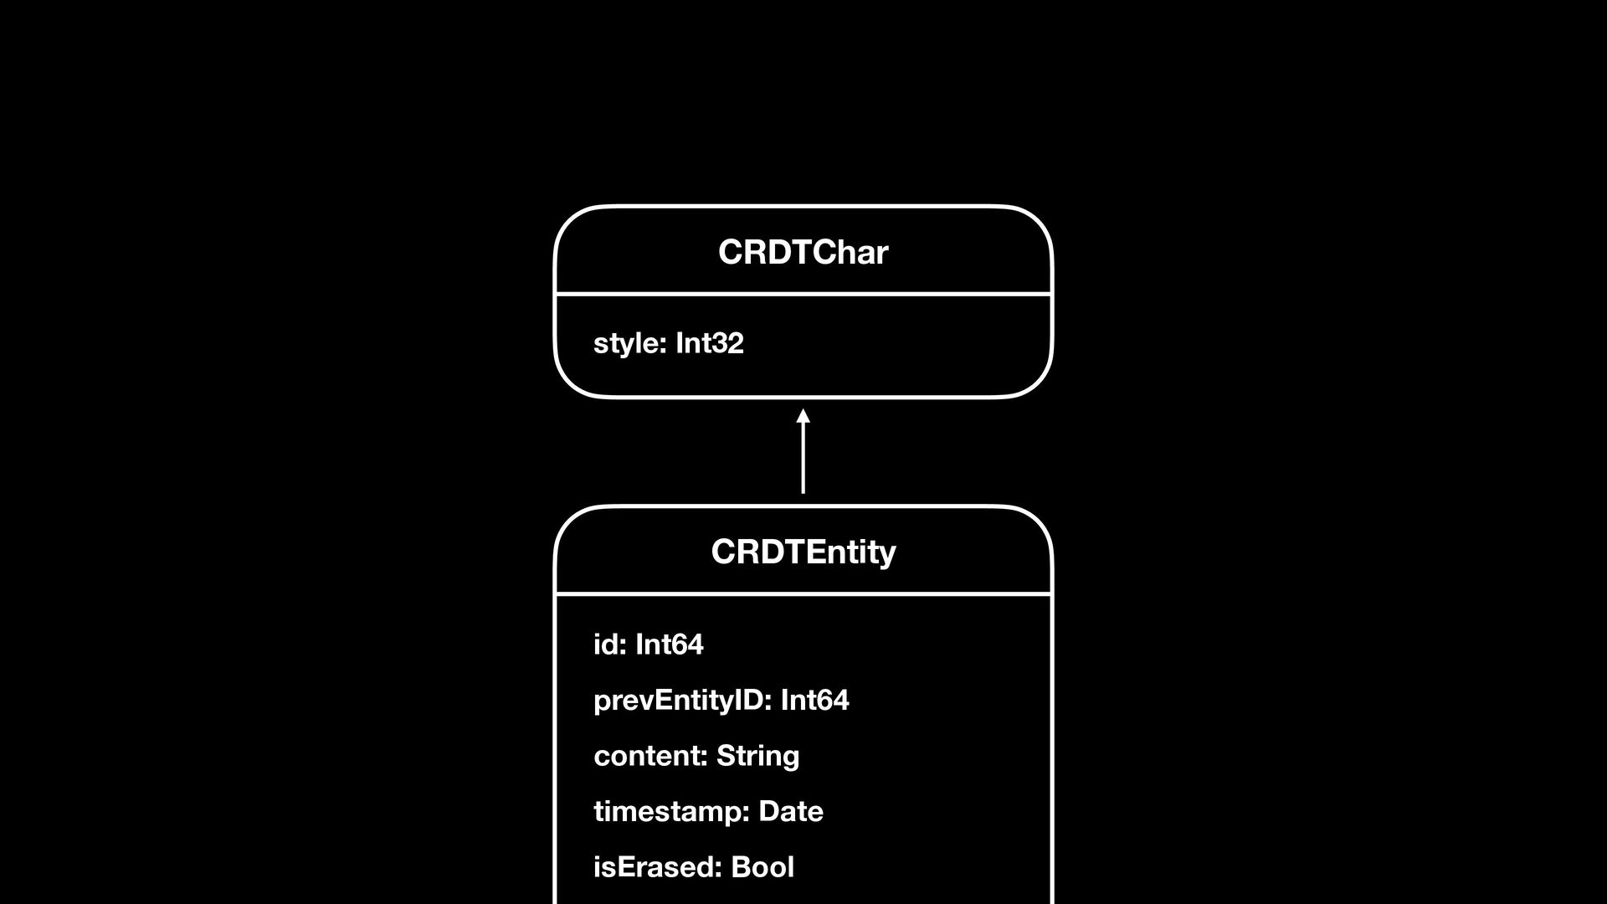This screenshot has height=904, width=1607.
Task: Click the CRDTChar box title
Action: [803, 252]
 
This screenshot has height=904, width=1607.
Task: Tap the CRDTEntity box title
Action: [803, 552]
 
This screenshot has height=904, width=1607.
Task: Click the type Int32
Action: [710, 343]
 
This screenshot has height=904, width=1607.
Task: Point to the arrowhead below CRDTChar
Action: [803, 416]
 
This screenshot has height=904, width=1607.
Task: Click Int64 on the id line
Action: [670, 645]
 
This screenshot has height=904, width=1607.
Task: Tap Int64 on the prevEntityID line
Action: [814, 700]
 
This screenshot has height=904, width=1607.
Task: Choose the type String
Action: [757, 756]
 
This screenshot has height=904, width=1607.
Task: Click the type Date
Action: [791, 811]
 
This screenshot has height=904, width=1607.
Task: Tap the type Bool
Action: [762, 867]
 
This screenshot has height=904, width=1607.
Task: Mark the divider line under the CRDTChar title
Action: [803, 294]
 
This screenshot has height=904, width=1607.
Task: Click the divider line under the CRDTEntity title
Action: [803, 594]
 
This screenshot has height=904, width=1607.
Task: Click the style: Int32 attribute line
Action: [668, 343]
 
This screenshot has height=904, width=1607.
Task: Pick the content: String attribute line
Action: [696, 756]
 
